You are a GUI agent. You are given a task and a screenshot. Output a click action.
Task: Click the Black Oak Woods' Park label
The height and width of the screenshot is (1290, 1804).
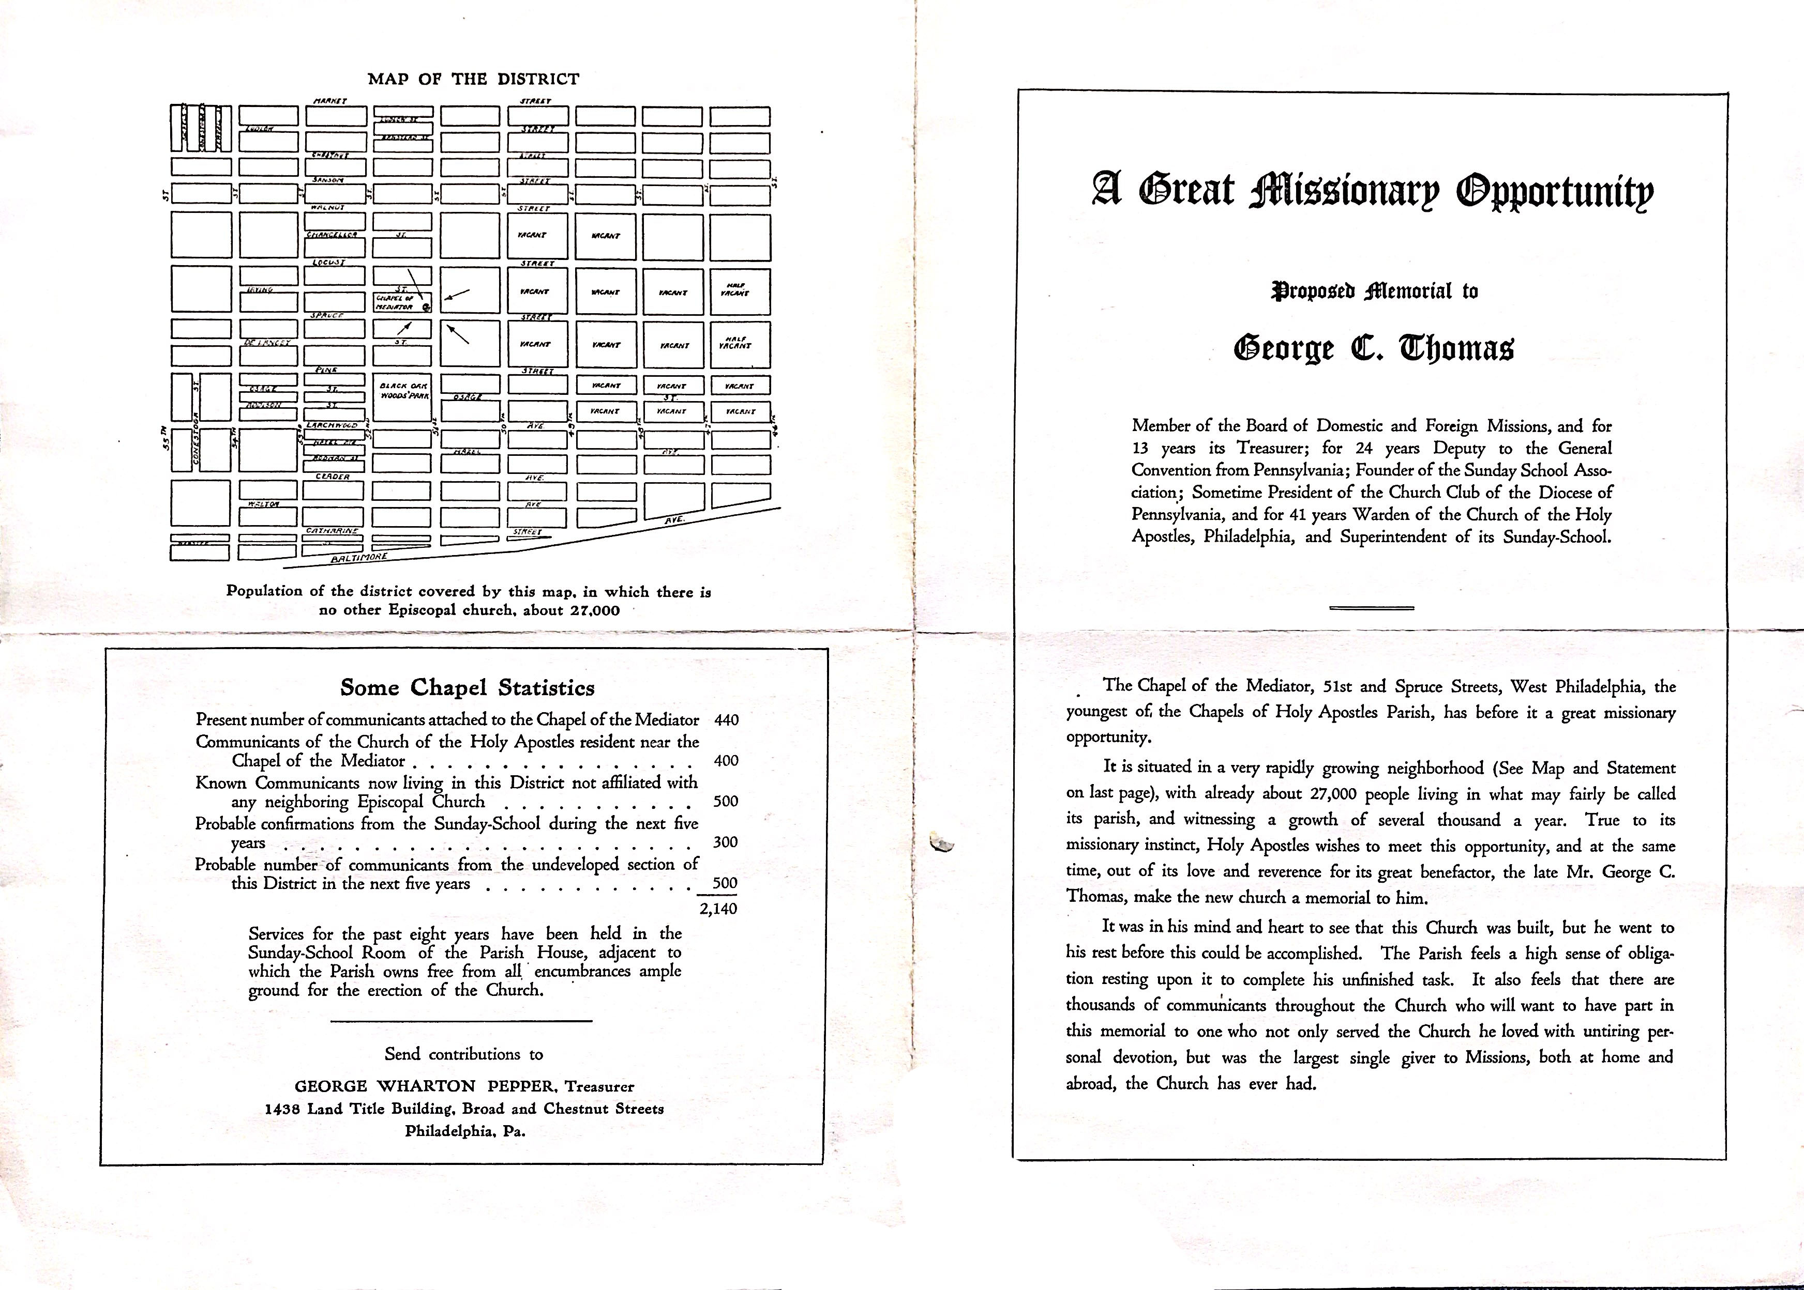pyautogui.click(x=404, y=390)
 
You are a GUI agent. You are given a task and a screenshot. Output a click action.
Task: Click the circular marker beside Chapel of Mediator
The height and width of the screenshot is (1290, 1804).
pyautogui.click(x=427, y=306)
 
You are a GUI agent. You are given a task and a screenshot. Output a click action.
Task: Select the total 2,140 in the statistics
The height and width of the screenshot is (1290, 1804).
pyautogui.click(x=718, y=908)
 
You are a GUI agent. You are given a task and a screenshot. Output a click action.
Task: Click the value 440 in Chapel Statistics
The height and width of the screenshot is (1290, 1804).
pyautogui.click(x=726, y=720)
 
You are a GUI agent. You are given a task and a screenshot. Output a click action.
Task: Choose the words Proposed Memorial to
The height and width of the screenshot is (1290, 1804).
pyautogui.click(x=1374, y=291)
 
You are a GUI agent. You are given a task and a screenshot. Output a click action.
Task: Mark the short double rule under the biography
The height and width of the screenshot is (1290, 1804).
pyautogui.click(x=1372, y=608)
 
